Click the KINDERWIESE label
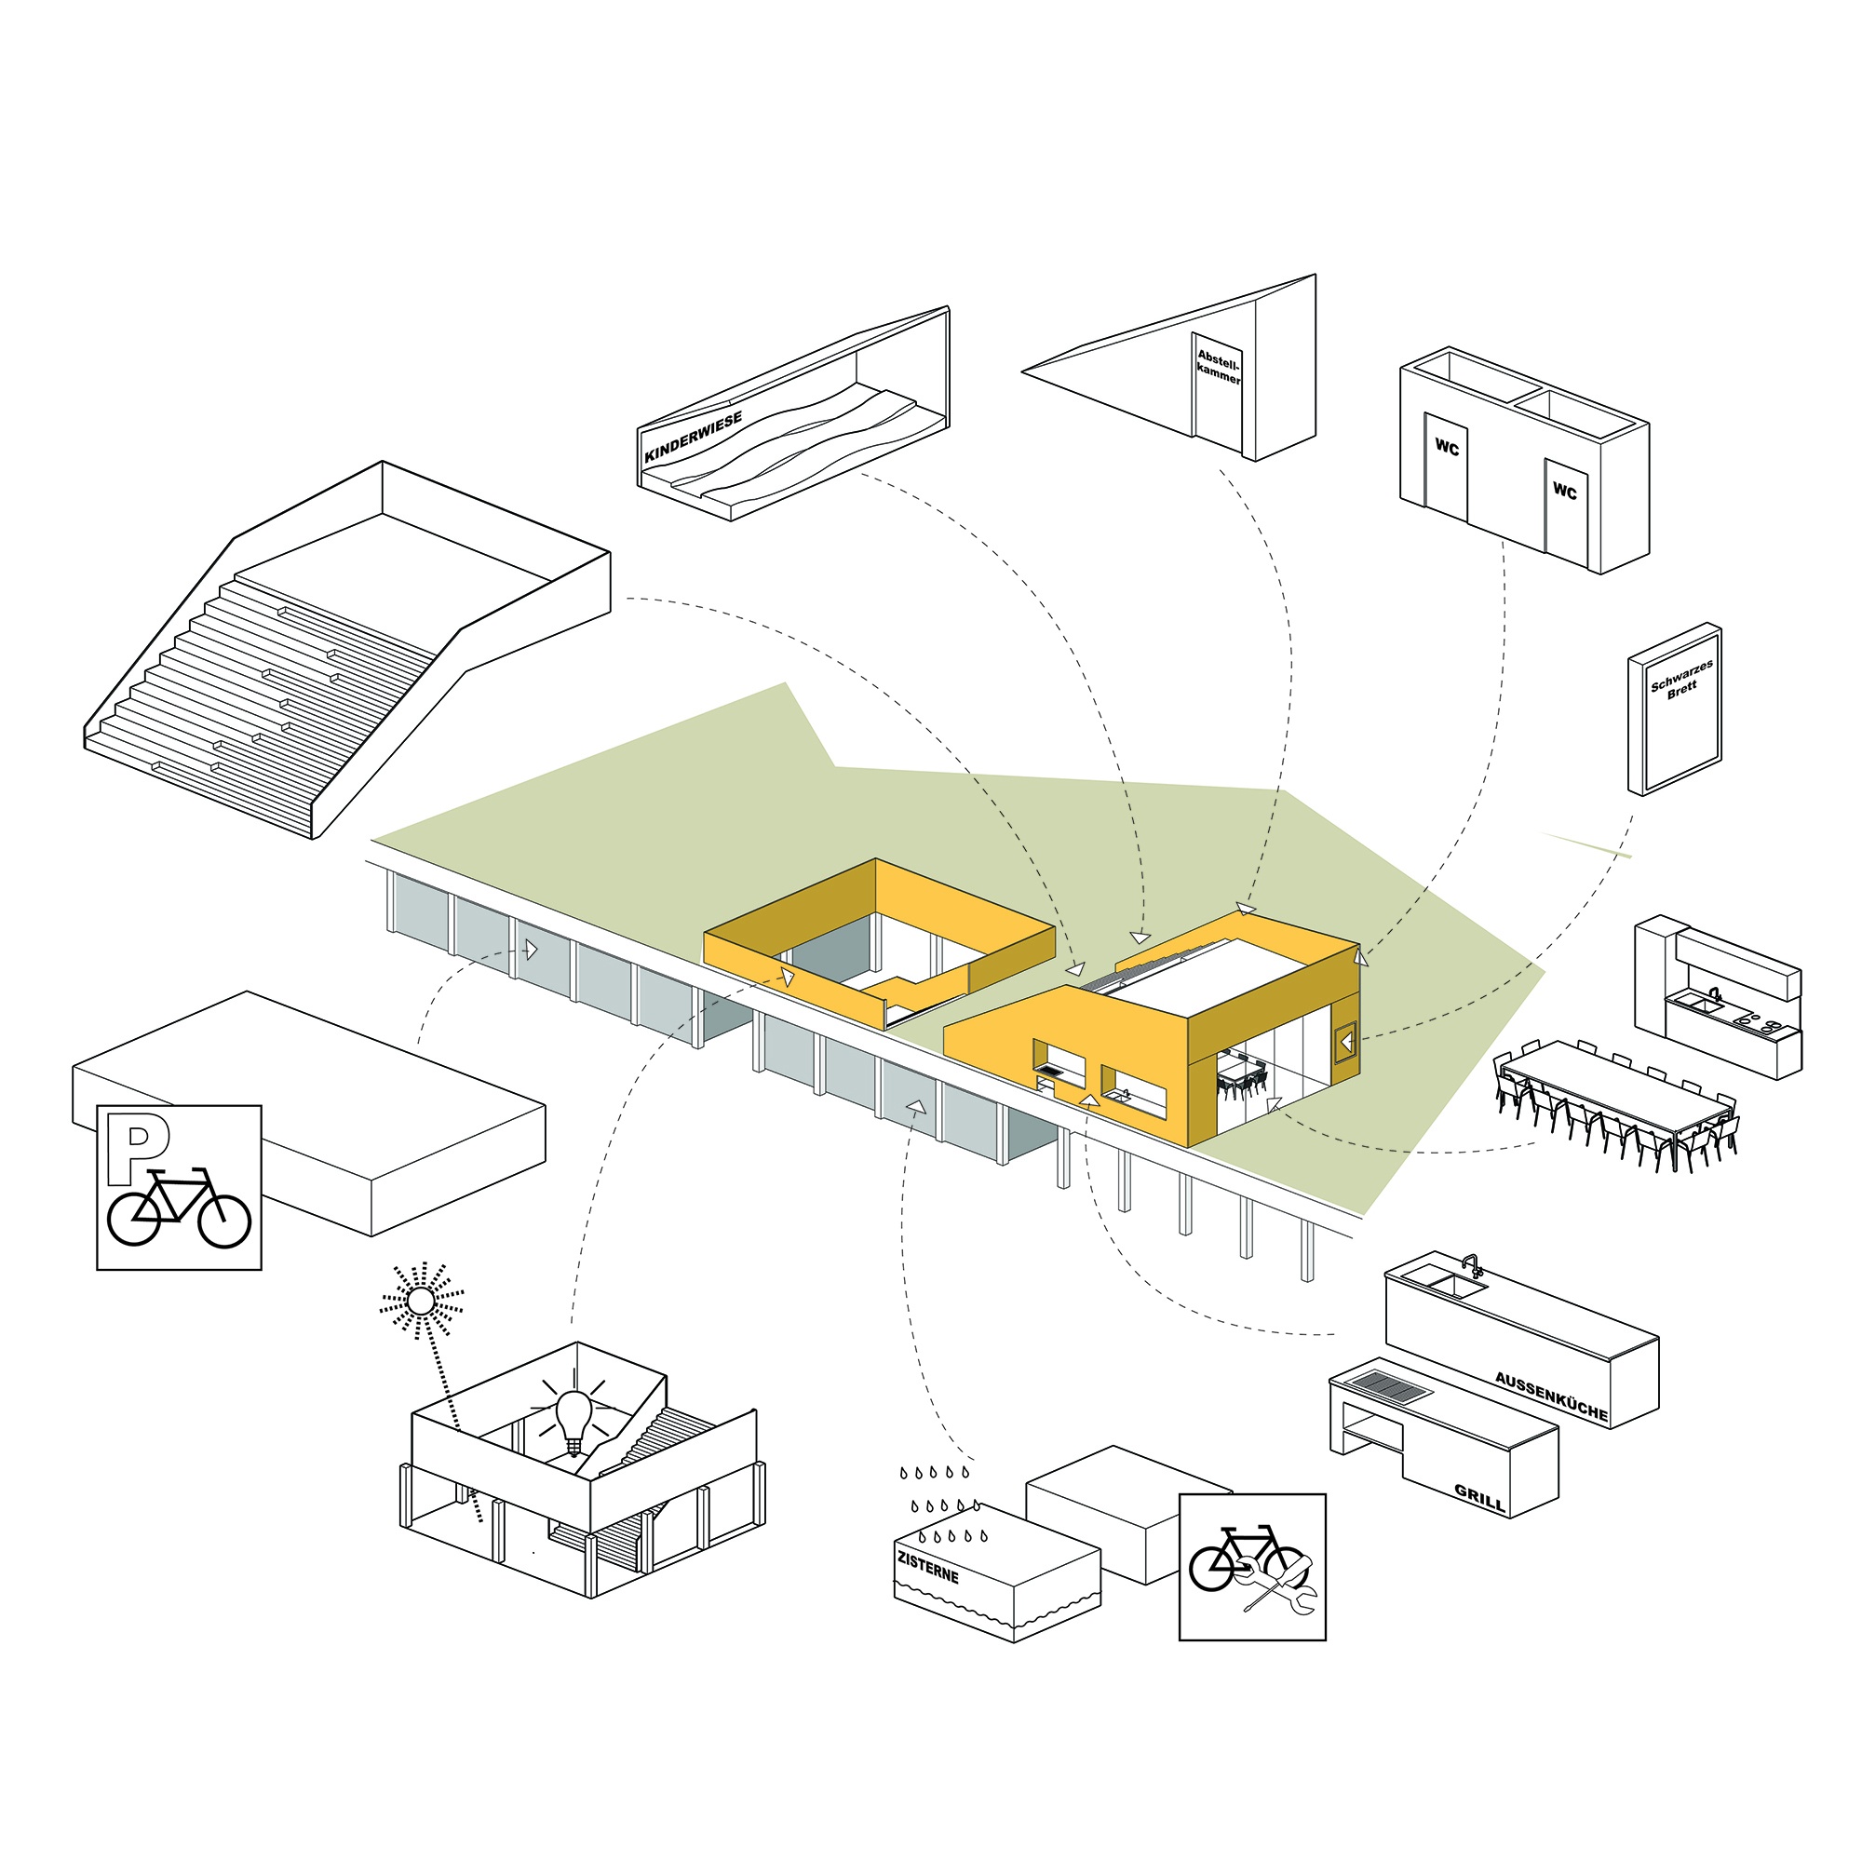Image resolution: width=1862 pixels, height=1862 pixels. [693, 438]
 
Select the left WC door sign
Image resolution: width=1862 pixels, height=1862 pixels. [1447, 447]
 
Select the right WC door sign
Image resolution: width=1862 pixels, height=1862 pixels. [1564, 492]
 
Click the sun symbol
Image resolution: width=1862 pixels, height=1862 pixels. [420, 1302]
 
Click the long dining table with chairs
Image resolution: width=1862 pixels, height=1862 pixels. [1619, 1099]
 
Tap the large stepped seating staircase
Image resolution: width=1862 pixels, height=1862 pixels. [290, 694]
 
